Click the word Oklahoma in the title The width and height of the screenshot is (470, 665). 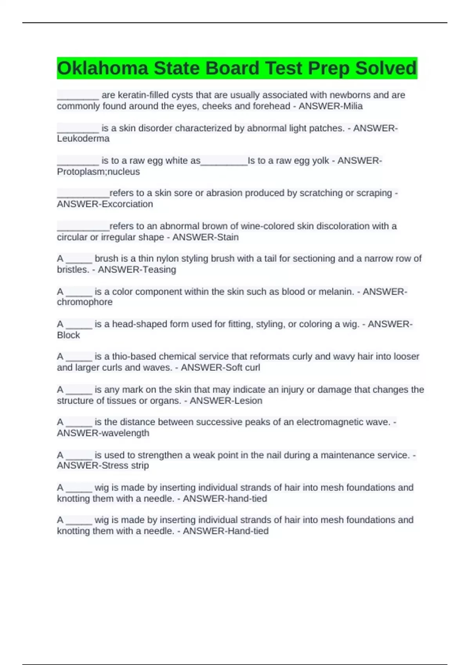pos(103,68)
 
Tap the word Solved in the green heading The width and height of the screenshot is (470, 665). pos(386,68)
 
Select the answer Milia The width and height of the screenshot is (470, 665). pos(353,106)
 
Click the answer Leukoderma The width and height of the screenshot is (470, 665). pos(83,138)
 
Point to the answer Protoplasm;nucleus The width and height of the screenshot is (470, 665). pos(98,171)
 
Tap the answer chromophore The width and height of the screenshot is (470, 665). pos(85,302)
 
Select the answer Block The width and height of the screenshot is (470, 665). pos(68,335)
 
